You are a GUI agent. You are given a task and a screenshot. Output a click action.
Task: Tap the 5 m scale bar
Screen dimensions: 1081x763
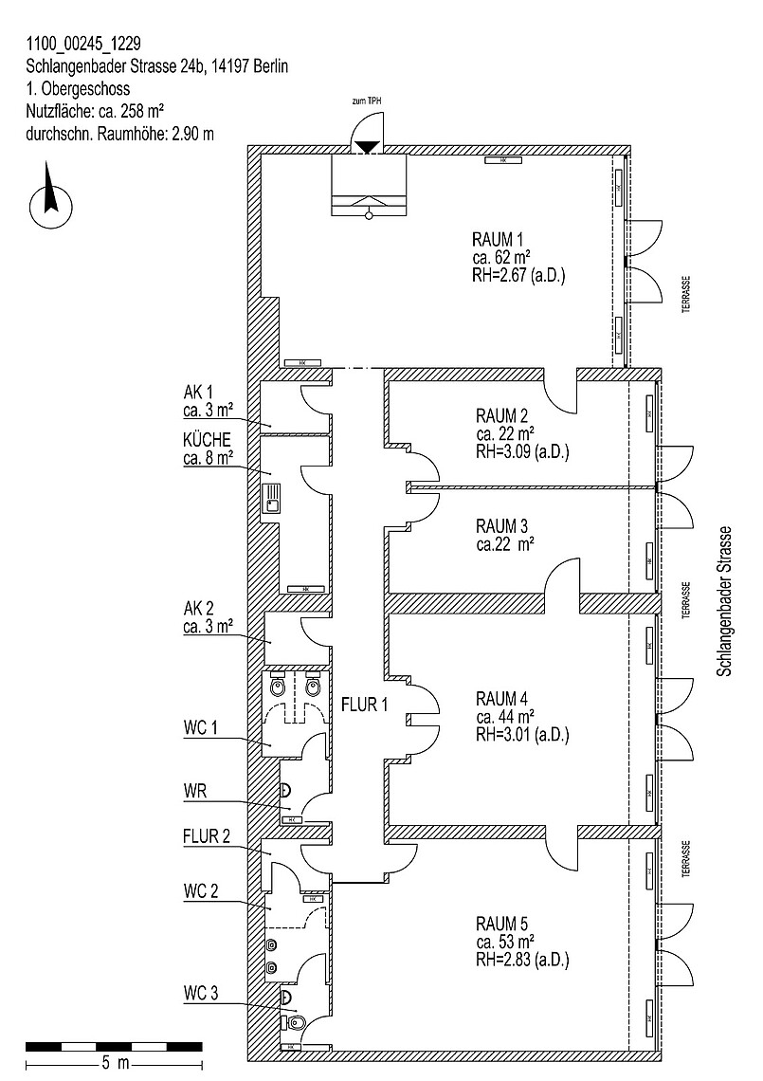click(114, 1046)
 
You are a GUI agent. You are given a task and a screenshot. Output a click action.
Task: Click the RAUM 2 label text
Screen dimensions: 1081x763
click(502, 414)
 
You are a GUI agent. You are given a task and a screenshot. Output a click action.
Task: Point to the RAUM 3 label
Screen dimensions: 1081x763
click(502, 525)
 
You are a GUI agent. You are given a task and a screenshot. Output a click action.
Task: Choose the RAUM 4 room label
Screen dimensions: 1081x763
click(502, 698)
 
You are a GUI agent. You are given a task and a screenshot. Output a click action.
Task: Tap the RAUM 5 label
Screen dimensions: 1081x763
click(502, 923)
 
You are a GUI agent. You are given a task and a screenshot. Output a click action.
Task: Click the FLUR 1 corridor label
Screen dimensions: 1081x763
click(365, 705)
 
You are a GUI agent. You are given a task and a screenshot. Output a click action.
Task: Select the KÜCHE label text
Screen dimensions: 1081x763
click(208, 441)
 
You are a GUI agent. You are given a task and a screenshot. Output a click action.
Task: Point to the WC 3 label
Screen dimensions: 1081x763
click(201, 994)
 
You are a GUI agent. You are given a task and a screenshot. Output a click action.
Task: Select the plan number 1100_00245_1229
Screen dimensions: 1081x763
click(85, 43)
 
